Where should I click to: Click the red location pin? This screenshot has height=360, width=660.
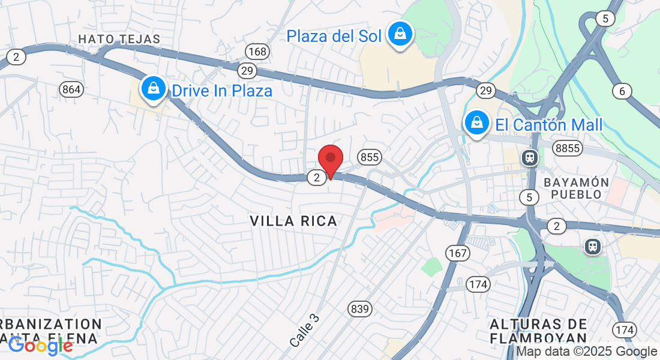click(x=330, y=160)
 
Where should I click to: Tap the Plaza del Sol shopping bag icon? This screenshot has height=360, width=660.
click(x=399, y=35)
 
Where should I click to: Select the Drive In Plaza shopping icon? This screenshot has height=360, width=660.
click(x=154, y=89)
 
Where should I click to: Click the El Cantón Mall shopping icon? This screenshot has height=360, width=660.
click(x=476, y=124)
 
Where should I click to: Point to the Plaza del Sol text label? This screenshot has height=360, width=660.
click(x=334, y=36)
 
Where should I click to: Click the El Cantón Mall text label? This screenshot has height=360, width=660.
click(x=549, y=125)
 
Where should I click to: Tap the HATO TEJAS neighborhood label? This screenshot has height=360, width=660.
click(x=119, y=40)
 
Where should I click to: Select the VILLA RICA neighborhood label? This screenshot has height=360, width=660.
click(x=293, y=221)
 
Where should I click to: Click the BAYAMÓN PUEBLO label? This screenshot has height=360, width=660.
click(x=576, y=188)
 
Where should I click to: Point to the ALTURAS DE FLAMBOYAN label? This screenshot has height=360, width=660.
click(x=538, y=331)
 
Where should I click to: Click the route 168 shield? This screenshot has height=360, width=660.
click(x=256, y=52)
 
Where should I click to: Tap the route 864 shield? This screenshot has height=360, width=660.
click(x=71, y=89)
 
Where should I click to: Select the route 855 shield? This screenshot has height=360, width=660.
click(x=370, y=157)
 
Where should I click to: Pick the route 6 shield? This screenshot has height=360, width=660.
click(x=622, y=91)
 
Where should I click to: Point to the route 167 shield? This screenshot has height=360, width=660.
click(x=457, y=253)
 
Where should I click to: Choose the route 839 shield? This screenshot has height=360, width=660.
click(x=359, y=309)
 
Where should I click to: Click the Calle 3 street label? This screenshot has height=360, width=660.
click(x=304, y=331)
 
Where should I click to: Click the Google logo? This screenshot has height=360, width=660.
click(x=40, y=346)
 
